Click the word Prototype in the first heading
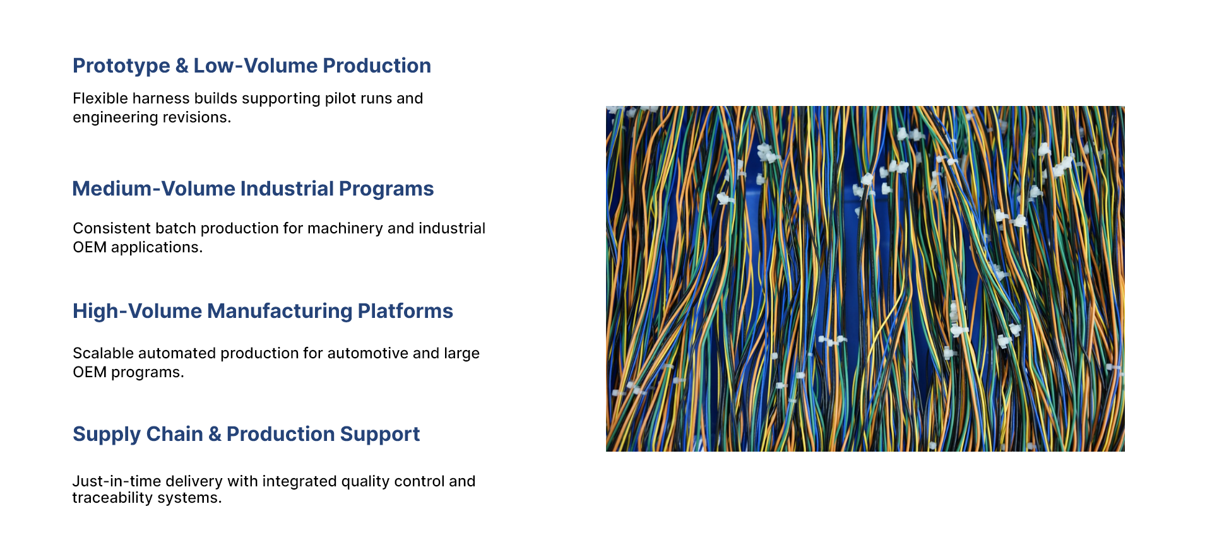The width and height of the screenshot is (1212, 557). tap(121, 66)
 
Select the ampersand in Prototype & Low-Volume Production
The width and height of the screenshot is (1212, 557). tap(182, 66)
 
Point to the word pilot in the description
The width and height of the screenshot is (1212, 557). tap(340, 99)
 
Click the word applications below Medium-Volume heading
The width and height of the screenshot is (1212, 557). tap(157, 248)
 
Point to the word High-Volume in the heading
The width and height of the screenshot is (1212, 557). tap(137, 311)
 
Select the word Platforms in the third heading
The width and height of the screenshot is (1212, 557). tap(405, 311)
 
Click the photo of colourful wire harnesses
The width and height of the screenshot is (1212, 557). tap(865, 279)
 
